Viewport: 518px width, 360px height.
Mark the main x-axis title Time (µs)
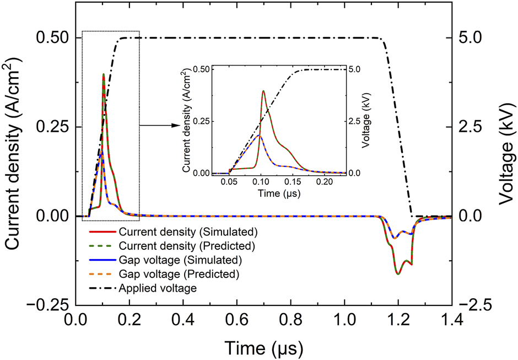[x=263, y=347]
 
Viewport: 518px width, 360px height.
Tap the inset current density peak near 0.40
[x=263, y=91]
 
